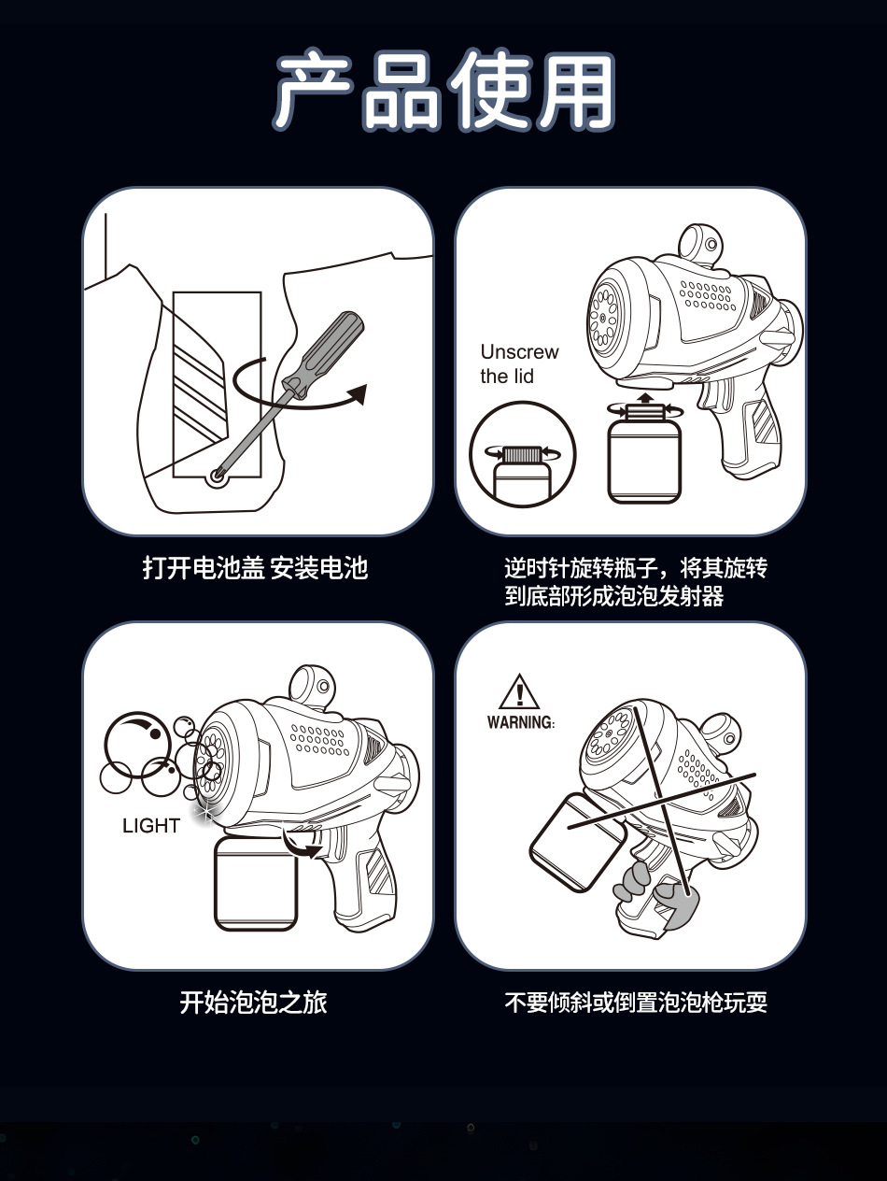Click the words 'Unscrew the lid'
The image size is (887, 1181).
click(519, 363)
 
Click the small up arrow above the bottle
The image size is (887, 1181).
click(645, 398)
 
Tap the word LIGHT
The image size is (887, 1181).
click(150, 826)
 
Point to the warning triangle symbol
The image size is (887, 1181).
click(519, 691)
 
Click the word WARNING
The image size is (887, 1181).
click(520, 722)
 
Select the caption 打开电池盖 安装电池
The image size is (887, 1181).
click(255, 568)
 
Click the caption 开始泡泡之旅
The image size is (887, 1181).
click(253, 1003)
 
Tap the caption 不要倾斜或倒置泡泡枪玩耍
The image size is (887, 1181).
click(636, 1003)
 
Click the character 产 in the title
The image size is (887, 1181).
click(315, 90)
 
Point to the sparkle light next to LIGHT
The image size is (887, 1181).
click(204, 814)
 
